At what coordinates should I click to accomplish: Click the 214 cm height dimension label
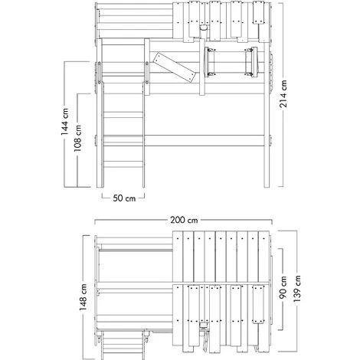point(283,93)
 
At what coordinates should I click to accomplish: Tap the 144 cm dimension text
point(64,121)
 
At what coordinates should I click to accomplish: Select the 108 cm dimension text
point(78,138)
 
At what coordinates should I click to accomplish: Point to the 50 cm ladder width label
point(124,198)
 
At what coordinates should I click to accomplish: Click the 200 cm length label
point(184,220)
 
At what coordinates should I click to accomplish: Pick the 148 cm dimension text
point(83,297)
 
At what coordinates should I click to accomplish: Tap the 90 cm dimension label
point(283,287)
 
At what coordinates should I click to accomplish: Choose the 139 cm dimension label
point(297,289)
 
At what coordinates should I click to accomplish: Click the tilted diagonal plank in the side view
point(175,67)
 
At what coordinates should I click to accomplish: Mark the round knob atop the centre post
point(204,28)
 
